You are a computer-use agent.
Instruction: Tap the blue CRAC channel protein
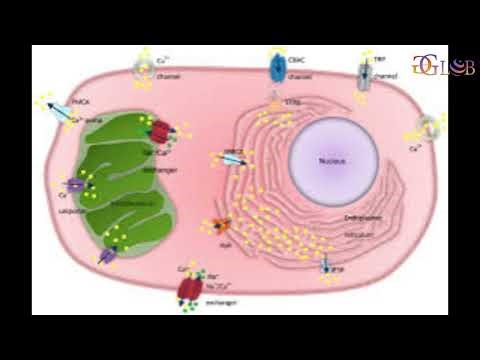click(277, 68)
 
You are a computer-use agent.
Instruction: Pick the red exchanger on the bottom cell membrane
click(190, 287)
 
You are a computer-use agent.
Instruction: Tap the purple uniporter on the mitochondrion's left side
click(76, 185)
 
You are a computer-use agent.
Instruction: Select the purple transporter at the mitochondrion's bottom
click(108, 256)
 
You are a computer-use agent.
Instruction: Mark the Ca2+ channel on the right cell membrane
click(428, 127)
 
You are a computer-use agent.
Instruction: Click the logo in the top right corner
click(443, 67)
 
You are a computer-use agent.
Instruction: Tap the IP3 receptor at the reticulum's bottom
click(326, 267)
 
